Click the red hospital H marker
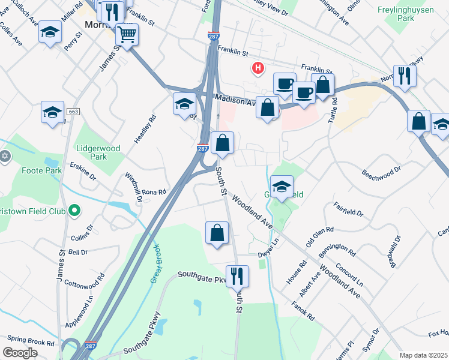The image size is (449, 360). click(x=258, y=68)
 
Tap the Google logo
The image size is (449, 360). click(x=20, y=353)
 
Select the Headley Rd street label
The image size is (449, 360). click(x=145, y=128)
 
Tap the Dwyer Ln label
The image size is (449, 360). click(x=269, y=248)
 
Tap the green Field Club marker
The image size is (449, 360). click(x=74, y=210)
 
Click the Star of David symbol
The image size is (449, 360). click(x=5, y=156)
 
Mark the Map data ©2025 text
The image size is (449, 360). click(x=423, y=355)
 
